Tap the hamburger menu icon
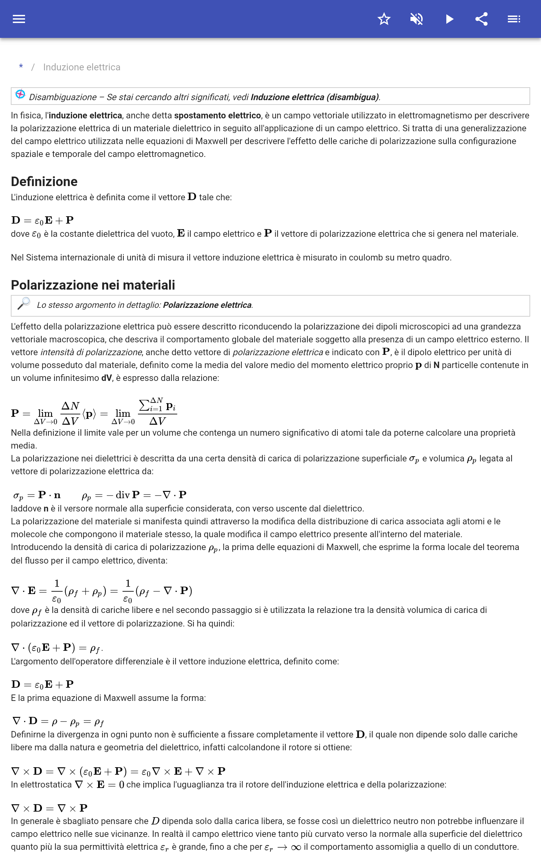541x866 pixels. click(19, 19)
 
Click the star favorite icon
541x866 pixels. click(384, 19)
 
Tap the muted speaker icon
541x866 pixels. click(417, 19)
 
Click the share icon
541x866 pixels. click(481, 19)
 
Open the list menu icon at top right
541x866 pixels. click(514, 19)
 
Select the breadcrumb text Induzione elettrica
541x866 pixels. click(81, 67)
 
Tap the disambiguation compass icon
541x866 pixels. click(20, 94)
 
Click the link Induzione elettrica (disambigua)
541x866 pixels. click(314, 97)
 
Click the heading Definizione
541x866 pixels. click(44, 182)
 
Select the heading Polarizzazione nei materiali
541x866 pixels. click(93, 285)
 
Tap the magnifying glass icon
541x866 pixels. click(24, 303)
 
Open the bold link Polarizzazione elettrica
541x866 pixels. click(207, 305)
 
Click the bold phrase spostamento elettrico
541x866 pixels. click(217, 116)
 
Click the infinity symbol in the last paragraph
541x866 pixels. click(296, 847)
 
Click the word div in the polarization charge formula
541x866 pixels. click(122, 495)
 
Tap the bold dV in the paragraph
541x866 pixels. click(107, 378)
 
